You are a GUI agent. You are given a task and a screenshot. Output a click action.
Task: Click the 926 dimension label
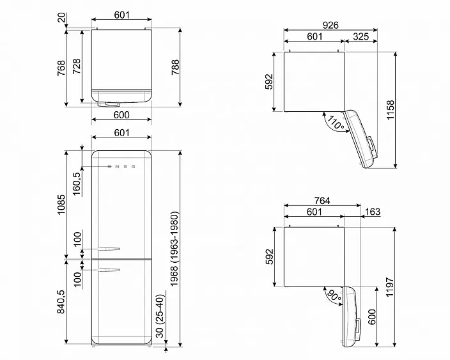coord(330,26)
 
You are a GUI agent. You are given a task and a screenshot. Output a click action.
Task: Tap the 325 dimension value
coord(361,36)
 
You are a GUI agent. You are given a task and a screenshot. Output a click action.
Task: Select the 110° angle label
coord(335,123)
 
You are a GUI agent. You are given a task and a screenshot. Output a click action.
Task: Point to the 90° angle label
coord(334,295)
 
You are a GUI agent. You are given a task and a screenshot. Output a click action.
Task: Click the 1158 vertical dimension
coord(391,110)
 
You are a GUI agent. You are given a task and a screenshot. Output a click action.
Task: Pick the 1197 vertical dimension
coord(390,287)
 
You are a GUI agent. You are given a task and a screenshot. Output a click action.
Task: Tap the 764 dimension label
coord(322,201)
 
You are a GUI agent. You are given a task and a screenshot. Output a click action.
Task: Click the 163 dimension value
coord(373,212)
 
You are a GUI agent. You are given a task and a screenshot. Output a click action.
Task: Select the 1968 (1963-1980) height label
coord(175,249)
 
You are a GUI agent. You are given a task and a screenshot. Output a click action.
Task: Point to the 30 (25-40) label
coord(160,316)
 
